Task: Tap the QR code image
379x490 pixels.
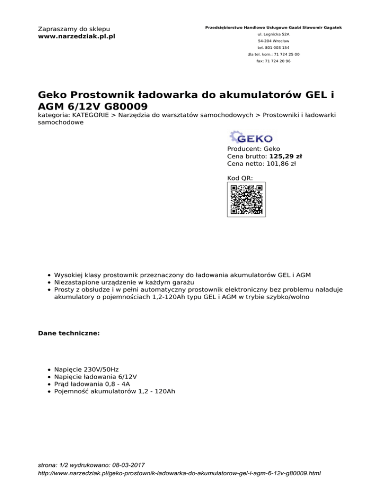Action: pos(246,199)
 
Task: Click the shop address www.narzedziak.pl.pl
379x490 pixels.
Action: pos(76,36)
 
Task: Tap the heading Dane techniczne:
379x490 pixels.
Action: pos(69,333)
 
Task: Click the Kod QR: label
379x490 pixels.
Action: pos(240,177)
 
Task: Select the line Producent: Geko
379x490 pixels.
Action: pos(253,148)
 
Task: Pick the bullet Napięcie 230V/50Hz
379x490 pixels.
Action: pos(86,369)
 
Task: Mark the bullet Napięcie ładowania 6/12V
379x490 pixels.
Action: pos(96,377)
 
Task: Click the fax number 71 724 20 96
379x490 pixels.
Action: pos(273,61)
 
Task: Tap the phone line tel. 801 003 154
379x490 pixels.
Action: pos(273,47)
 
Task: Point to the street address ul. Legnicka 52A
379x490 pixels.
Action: pos(273,34)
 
